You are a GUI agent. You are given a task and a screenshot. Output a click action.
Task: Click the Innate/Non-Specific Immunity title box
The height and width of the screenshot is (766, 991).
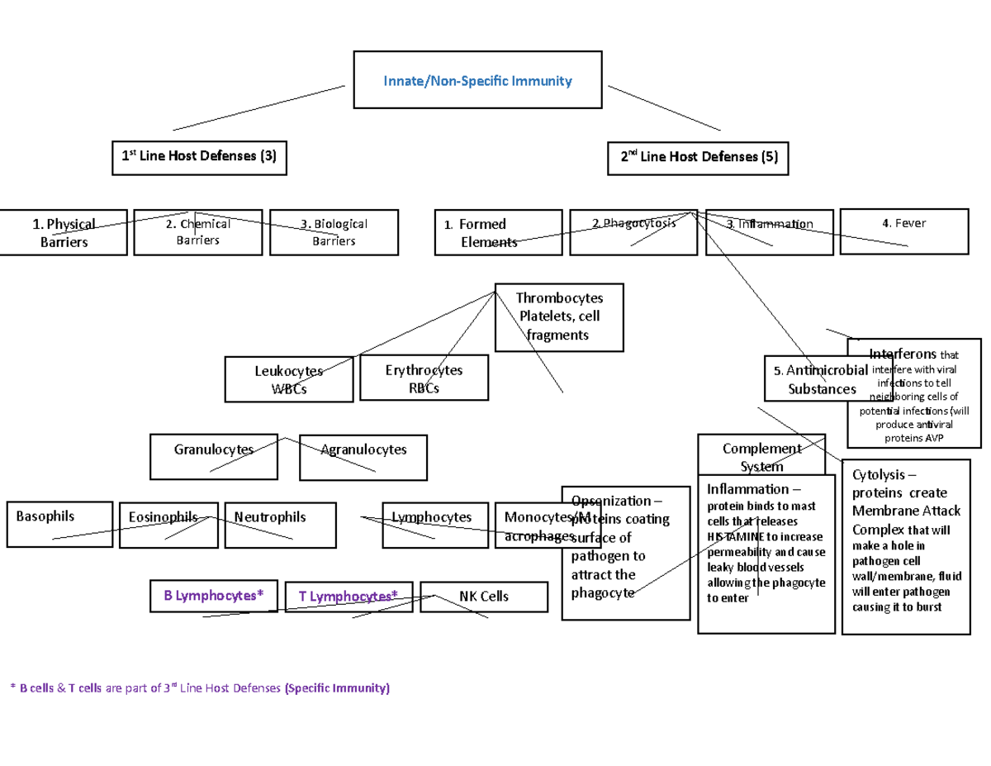477,80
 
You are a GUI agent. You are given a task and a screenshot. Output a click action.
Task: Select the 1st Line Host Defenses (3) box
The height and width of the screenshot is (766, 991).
199,157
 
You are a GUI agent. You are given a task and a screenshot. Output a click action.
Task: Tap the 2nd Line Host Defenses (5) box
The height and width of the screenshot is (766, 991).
699,157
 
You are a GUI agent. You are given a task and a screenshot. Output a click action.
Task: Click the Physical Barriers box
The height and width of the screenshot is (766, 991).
64,233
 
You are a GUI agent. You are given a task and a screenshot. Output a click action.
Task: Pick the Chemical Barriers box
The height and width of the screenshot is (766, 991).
198,232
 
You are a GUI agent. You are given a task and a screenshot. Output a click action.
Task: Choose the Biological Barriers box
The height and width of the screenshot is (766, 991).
334,232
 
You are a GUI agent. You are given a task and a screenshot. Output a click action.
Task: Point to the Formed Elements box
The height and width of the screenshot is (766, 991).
498,233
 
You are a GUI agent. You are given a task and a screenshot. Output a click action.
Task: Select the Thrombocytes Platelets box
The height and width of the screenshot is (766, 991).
559,317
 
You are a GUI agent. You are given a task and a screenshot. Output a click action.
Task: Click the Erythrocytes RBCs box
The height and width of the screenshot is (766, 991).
424,378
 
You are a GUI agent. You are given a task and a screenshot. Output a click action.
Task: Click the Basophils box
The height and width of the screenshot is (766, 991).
59,524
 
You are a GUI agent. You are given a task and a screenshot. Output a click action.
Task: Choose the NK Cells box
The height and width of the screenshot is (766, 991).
484,597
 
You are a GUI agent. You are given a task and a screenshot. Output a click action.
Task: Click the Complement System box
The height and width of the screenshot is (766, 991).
761,457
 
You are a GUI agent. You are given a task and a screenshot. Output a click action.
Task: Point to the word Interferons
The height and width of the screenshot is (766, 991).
903,354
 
